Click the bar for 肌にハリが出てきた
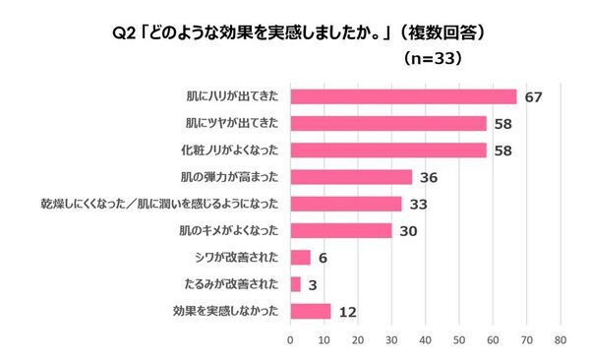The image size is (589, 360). click(403, 96)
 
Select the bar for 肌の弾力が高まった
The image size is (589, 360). click(351, 177)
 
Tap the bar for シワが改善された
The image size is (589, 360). click(300, 258)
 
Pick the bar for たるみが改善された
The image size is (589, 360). click(295, 284)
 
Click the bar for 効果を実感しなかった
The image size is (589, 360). click(310, 312)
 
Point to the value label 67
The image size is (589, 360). click(533, 96)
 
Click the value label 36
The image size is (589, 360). click(429, 177)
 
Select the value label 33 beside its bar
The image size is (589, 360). click(418, 204)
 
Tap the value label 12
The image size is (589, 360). click(347, 312)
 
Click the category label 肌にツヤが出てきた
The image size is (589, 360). click(230, 124)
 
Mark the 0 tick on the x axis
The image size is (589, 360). click(290, 340)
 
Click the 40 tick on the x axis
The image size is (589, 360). click(425, 340)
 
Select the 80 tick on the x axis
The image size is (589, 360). click(560, 340)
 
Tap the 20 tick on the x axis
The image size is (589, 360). click(357, 340)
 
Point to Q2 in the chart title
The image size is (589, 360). click(126, 31)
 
